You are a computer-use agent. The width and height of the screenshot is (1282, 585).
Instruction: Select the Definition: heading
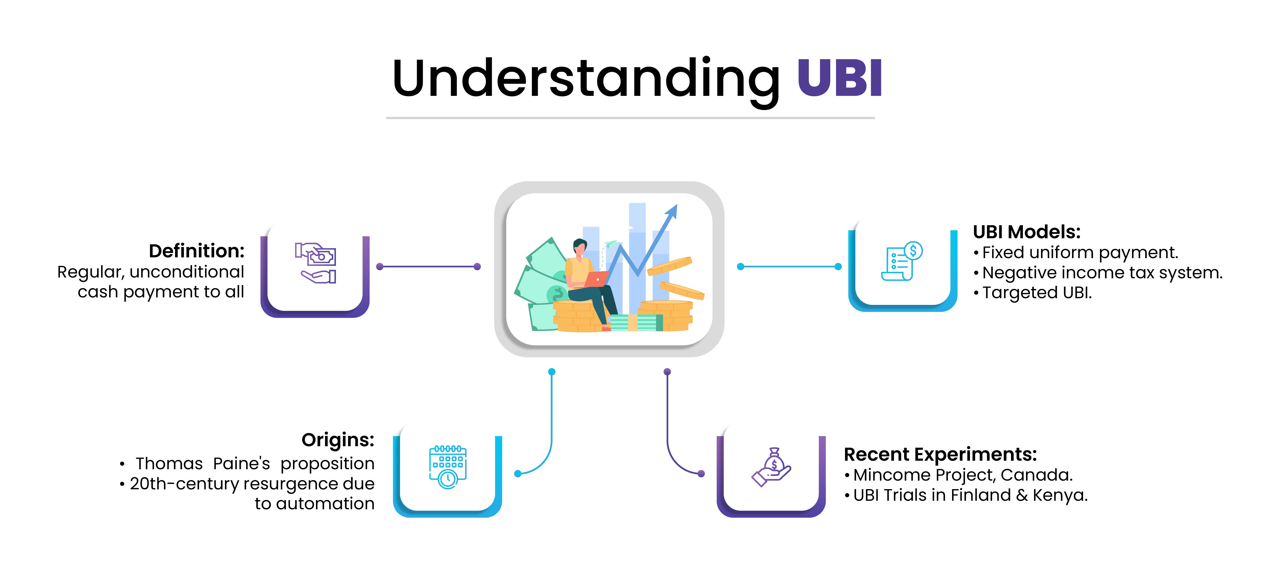pos(197,251)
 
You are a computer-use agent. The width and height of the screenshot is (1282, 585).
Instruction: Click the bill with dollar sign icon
pos(902,261)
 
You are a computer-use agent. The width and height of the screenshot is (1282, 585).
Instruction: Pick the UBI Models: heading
pos(1026,232)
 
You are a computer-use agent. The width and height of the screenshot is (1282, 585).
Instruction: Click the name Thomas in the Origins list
pos(169,464)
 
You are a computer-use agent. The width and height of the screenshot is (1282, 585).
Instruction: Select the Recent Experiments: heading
pos(940,454)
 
